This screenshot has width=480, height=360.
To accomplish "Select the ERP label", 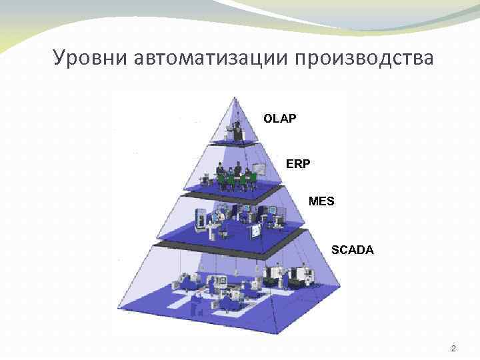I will pos(298,163).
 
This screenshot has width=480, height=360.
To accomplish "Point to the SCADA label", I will pos(353,251).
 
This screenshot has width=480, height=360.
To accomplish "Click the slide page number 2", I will pos(453,348).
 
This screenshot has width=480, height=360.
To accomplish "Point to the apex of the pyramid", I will pos(234,98).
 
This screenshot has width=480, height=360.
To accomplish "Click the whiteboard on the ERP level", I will pos(255,171).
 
